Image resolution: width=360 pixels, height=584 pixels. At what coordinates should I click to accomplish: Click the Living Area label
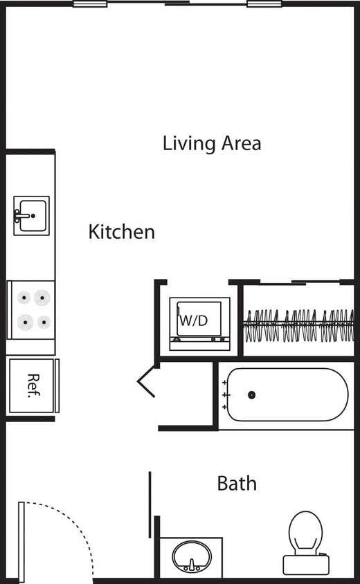point(212,143)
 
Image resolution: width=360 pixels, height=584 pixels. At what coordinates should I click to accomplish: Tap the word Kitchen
point(121,232)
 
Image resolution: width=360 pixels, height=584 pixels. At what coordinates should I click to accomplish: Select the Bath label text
point(237,483)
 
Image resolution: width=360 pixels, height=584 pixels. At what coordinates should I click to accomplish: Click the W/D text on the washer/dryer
point(193,321)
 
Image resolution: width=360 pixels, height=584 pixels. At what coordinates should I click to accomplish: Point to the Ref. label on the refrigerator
point(32,385)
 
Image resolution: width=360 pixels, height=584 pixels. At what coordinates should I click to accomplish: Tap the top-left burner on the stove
point(25,298)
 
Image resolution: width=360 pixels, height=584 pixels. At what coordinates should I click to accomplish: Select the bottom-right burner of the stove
point(44,322)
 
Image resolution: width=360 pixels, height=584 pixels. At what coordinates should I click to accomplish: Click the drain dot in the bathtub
point(251,395)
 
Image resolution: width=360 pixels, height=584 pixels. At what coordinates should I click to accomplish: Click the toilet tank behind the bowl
point(306,564)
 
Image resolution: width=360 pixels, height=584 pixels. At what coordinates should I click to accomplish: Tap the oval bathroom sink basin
point(192,556)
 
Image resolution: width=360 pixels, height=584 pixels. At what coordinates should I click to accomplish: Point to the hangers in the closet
point(298,325)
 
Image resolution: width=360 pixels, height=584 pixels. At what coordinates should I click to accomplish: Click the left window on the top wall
point(90,4)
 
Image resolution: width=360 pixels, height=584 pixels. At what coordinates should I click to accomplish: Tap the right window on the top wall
point(264,4)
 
